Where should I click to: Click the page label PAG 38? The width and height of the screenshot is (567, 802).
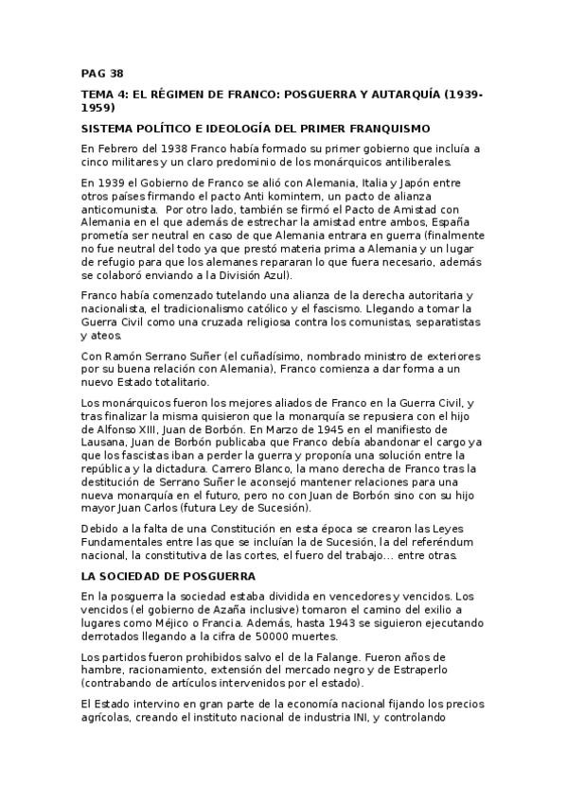pos(102,72)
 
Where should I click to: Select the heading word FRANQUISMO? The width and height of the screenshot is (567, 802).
pos(391,128)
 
